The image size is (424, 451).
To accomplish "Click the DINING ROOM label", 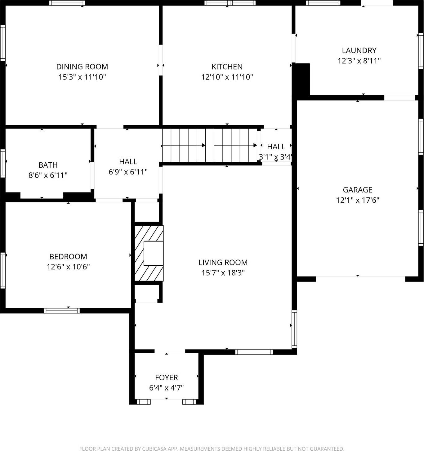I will coord(82,66).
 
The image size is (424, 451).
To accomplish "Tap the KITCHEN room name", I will coord(227,66).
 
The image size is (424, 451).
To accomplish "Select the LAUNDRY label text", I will coord(359,50).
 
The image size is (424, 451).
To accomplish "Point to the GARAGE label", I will coord(357,190).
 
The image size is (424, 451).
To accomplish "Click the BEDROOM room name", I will coord(68,256).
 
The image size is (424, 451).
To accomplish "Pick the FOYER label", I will coord(167,377).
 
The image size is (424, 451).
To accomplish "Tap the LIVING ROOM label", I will coord(223,262).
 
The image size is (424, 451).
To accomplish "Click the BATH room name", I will coord(48,165).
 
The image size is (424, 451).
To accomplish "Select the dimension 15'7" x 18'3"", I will coord(223,273).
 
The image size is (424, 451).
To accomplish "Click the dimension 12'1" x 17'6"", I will coord(357,200).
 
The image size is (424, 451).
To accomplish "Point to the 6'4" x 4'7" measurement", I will coord(167,388).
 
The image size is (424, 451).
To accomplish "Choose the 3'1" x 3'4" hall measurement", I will coord(275,157).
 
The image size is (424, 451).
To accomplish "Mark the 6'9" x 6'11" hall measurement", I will coord(128,172).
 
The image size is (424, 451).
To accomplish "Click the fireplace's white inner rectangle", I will coord(154,253).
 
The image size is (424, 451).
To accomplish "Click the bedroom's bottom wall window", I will coord(62,311).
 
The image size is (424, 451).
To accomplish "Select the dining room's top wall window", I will coord(67,3).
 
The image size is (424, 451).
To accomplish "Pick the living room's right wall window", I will coord(294,328).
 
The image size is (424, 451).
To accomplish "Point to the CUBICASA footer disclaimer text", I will coord(212,449).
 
